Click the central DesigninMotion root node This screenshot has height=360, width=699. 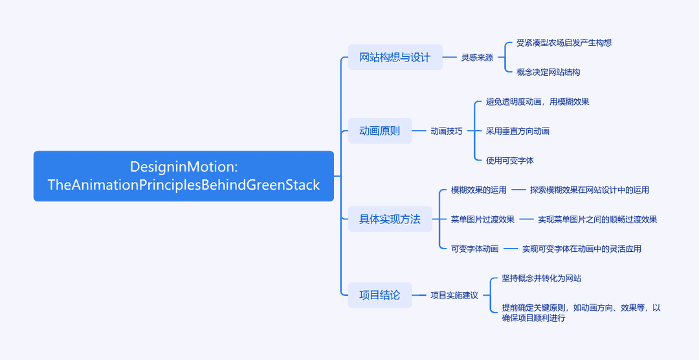pyautogui.click(x=184, y=175)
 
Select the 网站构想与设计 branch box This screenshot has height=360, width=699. pyautogui.click(x=395, y=57)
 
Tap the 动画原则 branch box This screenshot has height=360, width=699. pyautogui.click(x=380, y=131)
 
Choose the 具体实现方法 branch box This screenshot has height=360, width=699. pyautogui.click(x=390, y=219)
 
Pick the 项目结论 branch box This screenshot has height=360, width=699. pyautogui.click(x=380, y=295)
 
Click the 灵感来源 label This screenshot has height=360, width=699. pyautogui.click(x=477, y=58)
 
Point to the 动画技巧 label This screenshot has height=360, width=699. pyautogui.click(x=446, y=131)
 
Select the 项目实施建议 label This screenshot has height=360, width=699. pyautogui.click(x=454, y=295)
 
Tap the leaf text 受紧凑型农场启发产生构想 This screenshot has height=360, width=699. pyautogui.click(x=564, y=43)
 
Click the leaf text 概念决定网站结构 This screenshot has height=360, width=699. pyautogui.click(x=548, y=73)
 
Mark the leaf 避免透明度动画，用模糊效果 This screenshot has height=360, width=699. pyautogui.click(x=538, y=102)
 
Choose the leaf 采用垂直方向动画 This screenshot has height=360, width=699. pyautogui.click(x=518, y=131)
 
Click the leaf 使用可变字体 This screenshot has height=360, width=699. pyautogui.click(x=510, y=161)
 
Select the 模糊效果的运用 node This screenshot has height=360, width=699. pyautogui.click(x=479, y=190)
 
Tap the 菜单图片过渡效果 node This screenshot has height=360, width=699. pyautogui.click(x=483, y=219)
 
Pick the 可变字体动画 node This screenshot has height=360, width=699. pyautogui.click(x=475, y=249)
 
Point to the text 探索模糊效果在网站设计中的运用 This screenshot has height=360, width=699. pyautogui.click(x=590, y=190)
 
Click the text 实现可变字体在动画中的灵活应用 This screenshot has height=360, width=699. pyautogui.click(x=582, y=249)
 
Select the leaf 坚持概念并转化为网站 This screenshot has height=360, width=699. pyautogui.click(x=542, y=278)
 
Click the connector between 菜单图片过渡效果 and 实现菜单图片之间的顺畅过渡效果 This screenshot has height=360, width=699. pyautogui.click(x=526, y=219)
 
